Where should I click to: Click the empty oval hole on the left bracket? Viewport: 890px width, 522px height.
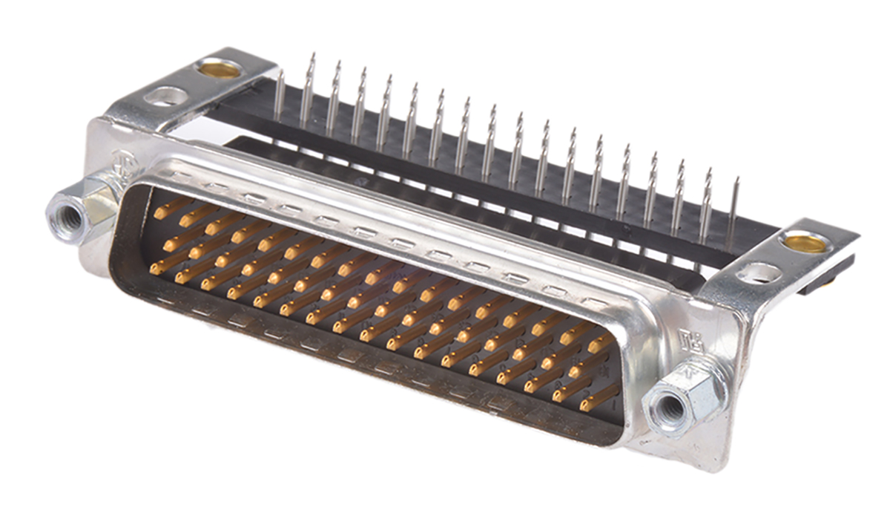click(168, 96)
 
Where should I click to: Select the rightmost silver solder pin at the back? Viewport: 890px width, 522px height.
click(734, 212)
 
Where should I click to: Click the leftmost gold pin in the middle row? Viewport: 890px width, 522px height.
click(170, 243)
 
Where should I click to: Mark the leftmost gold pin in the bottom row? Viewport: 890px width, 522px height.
click(156, 269)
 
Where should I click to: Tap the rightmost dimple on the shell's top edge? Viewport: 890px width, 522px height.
click(594, 301)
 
